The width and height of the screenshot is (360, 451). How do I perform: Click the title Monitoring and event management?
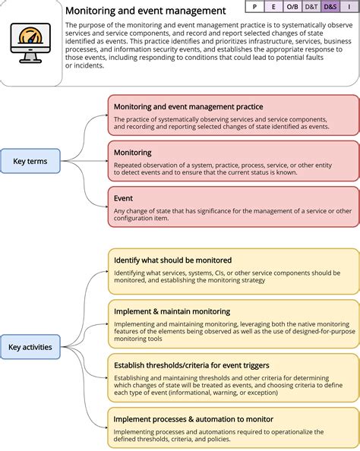pos(145,11)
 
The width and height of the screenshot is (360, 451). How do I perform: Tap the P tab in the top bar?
pos(254,7)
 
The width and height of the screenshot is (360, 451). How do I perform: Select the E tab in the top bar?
pos(273,7)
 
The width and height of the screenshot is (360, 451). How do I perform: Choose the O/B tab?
pos(292,7)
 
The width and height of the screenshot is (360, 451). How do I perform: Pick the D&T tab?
pos(311,7)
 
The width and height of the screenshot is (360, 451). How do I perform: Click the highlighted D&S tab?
pos(330,7)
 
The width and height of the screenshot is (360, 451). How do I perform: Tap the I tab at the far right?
pos(349,7)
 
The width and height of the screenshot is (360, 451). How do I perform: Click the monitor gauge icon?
pos(31,43)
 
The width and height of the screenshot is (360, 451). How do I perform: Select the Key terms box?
pos(30,161)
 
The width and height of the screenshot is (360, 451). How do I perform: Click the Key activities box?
pos(30,347)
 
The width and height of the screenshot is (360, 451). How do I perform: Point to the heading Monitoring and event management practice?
pos(188,107)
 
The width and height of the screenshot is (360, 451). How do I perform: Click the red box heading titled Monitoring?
pos(133,153)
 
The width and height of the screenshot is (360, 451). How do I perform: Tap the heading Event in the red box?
pos(124,198)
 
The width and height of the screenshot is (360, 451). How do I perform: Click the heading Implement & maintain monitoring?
pos(172,311)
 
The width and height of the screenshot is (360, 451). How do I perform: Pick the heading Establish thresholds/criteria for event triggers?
pos(191,365)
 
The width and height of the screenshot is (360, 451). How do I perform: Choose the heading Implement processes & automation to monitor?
pos(194,419)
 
